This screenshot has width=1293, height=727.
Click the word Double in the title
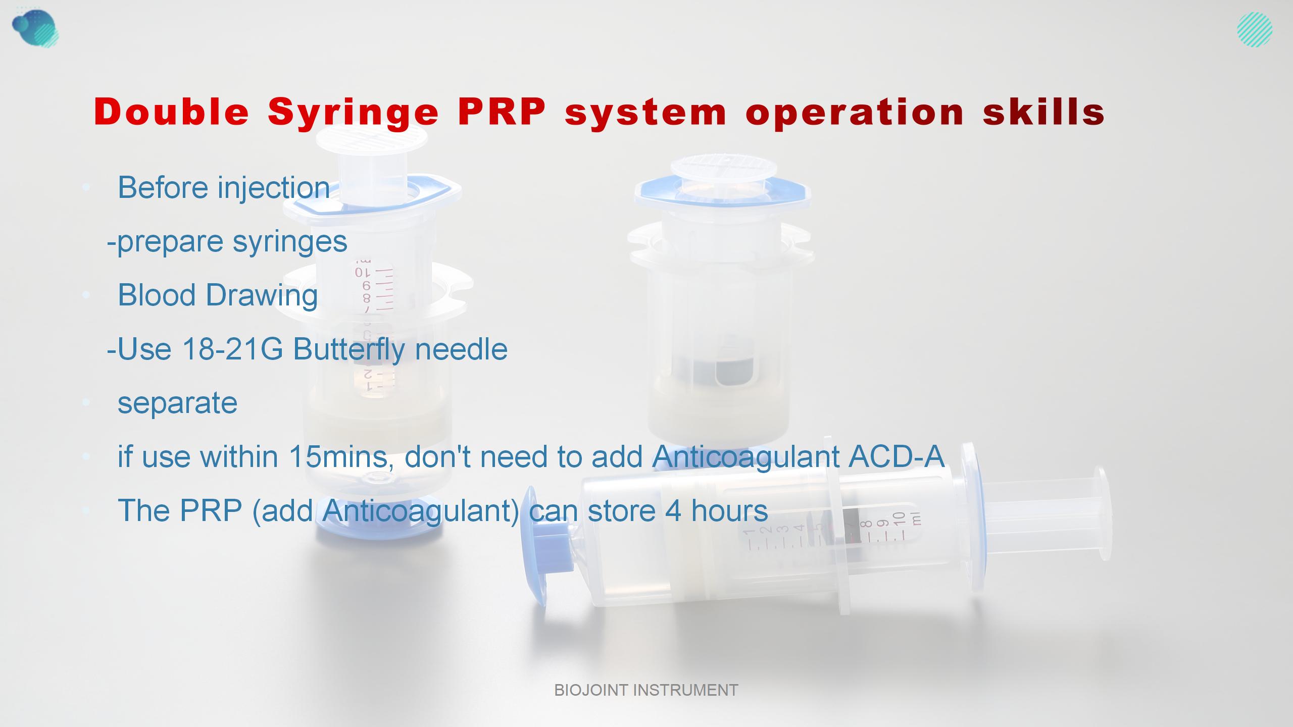171,112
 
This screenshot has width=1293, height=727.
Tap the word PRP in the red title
502,112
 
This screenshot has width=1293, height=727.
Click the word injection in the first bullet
274,188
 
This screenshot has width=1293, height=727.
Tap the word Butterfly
349,349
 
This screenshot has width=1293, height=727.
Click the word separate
177,403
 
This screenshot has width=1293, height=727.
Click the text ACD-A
896,456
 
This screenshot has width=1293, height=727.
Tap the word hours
729,510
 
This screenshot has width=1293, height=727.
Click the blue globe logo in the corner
35,28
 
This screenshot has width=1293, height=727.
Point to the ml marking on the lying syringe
917,518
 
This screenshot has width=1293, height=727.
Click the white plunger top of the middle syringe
721,170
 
